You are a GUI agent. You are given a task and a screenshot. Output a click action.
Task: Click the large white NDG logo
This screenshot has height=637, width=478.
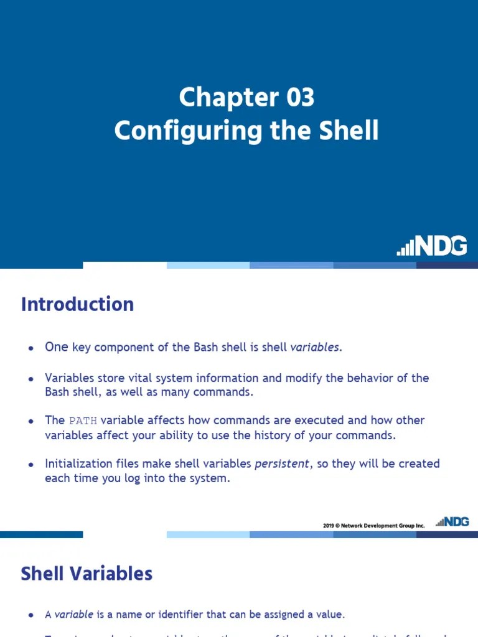click(433, 246)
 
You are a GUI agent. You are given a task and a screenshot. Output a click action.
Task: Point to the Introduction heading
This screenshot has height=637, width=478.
click(77, 304)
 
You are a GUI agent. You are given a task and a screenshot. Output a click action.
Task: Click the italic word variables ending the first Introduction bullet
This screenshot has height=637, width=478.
click(316, 347)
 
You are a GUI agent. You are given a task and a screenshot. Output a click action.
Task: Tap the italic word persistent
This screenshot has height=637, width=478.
click(281, 464)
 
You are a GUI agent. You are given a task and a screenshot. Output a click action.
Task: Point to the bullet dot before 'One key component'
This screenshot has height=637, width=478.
click(30, 348)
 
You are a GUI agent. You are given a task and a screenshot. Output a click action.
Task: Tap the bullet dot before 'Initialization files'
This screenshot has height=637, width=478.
click(30, 465)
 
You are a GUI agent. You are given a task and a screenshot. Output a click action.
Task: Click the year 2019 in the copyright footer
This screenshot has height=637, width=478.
click(329, 526)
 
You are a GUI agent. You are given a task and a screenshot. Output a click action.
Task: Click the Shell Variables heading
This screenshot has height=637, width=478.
click(87, 574)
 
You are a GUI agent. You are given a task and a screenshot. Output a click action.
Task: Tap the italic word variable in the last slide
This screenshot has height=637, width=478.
click(74, 615)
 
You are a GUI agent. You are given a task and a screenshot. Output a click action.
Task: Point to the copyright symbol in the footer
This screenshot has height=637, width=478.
click(339, 526)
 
